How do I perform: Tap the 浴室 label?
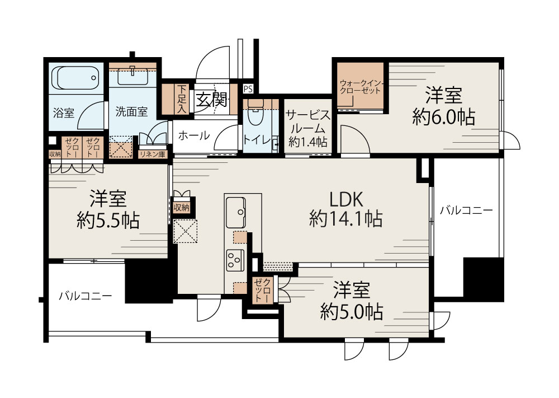(64, 113)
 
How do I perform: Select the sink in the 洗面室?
(132, 72)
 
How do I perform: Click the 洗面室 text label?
(131, 111)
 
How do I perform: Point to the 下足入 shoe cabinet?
(182, 97)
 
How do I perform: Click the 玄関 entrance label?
(211, 100)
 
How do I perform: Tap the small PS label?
(248, 88)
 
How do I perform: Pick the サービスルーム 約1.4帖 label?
(307, 128)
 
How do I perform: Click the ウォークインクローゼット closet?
(360, 87)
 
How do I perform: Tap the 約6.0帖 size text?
(444, 117)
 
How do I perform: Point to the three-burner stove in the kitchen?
(235, 259)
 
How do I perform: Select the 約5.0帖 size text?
(352, 312)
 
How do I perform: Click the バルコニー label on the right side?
(466, 211)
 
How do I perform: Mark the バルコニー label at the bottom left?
(85, 296)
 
